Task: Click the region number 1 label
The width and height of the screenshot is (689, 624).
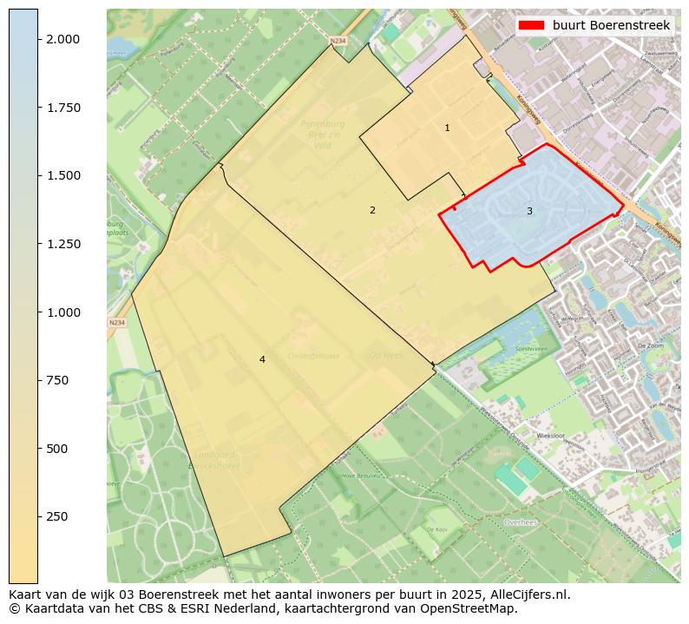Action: (x=447, y=128)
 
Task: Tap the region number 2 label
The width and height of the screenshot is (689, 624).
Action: (x=372, y=210)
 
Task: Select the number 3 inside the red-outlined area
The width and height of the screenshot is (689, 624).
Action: (x=529, y=211)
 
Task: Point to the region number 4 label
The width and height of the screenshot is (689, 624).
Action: (x=262, y=359)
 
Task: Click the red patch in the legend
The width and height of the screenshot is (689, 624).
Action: (x=531, y=26)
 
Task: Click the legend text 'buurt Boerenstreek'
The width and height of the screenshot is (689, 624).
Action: (x=611, y=26)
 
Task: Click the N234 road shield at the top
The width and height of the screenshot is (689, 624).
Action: (x=338, y=40)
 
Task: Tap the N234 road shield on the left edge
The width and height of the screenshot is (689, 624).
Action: (x=116, y=323)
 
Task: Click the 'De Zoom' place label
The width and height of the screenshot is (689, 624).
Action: (x=650, y=345)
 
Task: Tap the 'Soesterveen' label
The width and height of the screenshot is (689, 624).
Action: (x=507, y=347)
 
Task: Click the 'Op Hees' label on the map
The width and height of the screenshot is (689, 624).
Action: (x=385, y=355)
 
